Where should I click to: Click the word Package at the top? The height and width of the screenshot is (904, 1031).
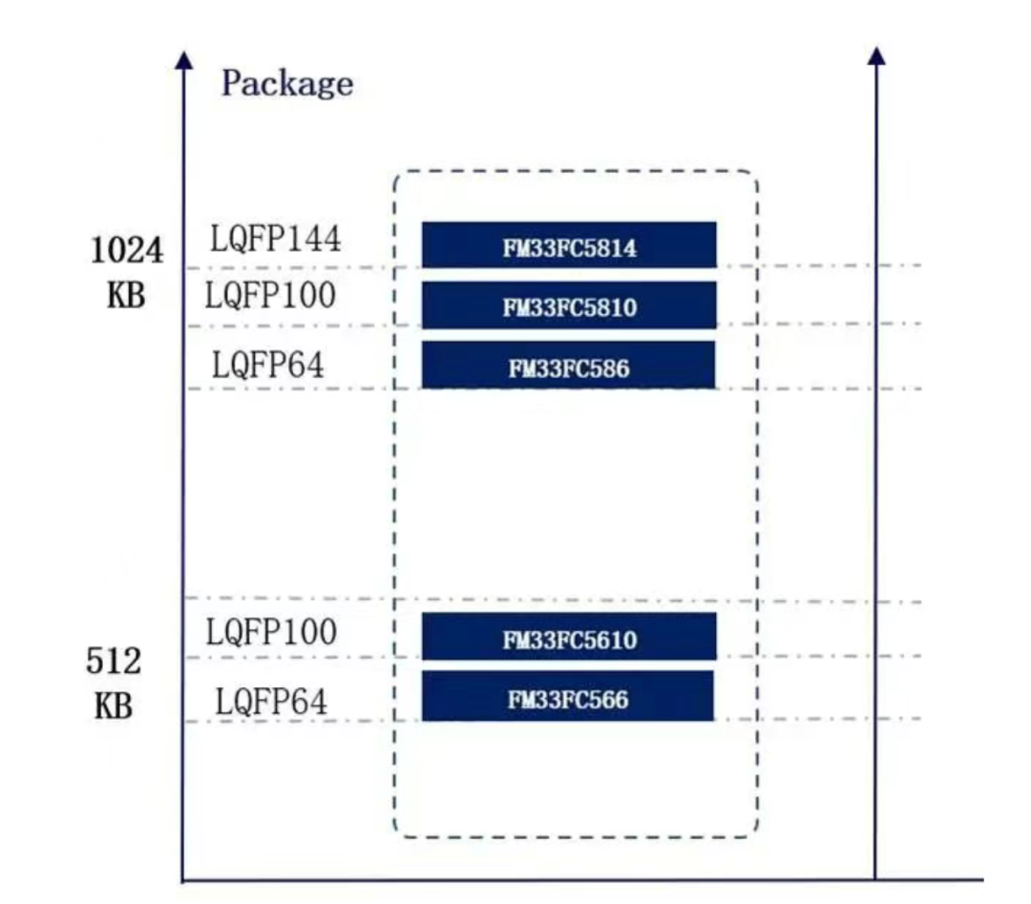[x=287, y=84]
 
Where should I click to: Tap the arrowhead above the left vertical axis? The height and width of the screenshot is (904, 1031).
[x=184, y=60]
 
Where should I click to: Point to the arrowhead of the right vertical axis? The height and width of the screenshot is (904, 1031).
[x=875, y=56]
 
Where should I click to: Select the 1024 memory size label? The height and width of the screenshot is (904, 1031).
[x=126, y=250]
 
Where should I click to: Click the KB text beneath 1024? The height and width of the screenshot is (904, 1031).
[x=126, y=295]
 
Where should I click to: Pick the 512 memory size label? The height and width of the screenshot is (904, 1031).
[x=113, y=661]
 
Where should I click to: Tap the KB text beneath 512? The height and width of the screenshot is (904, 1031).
[x=113, y=706]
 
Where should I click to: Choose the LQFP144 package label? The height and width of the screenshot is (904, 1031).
[x=276, y=238]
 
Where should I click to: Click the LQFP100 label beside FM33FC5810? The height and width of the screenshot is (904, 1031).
[x=270, y=295]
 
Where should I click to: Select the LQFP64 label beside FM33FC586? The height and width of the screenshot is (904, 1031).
[x=268, y=365]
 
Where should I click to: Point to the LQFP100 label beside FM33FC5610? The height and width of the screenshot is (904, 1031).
[x=271, y=633]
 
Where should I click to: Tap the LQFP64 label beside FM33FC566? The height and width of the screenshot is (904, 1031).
[x=271, y=702]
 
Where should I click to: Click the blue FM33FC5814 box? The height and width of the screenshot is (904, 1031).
[x=569, y=244]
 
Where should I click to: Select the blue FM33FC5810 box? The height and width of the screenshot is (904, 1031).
[x=569, y=305]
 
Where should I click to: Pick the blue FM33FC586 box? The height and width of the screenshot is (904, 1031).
[x=569, y=365]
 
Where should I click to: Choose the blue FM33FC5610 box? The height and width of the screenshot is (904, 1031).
[x=569, y=637]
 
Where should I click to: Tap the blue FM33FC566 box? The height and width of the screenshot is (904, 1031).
[x=568, y=696]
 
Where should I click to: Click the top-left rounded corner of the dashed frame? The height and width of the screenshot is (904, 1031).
[x=399, y=177]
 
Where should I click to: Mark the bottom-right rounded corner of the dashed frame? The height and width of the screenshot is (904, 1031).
[x=752, y=831]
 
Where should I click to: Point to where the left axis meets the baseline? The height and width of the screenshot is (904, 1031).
[x=183, y=879]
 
